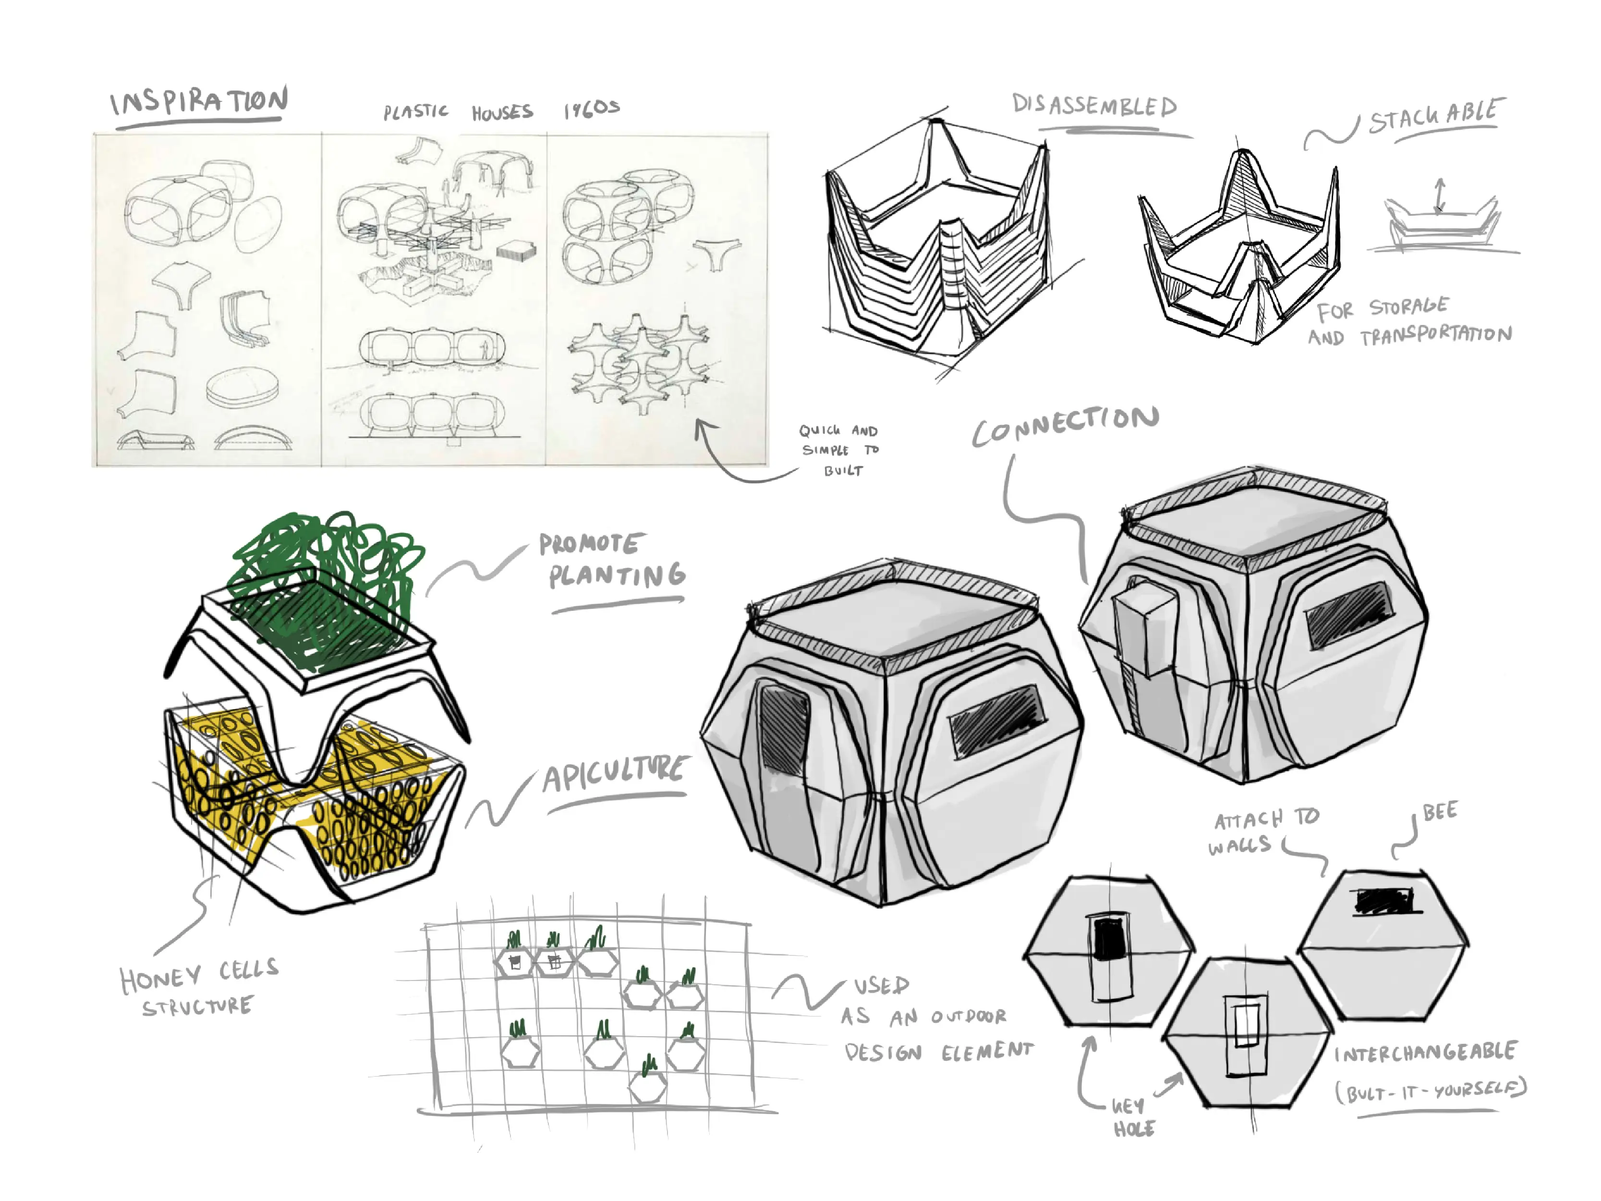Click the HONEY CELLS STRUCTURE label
click(198, 989)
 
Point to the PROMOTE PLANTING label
click(612, 562)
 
